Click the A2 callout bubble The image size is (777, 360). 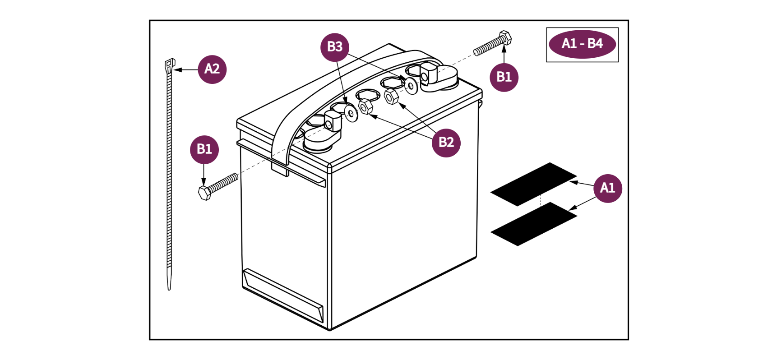coord(212,69)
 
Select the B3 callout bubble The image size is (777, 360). coord(335,47)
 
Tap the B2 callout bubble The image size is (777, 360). coord(446,143)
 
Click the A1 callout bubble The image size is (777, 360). coord(607,188)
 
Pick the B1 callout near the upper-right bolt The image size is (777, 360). coord(504,77)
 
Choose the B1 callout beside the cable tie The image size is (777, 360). coord(204,149)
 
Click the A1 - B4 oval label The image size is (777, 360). coord(582,44)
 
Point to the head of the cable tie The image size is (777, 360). coord(170,65)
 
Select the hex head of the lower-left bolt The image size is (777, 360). coord(204,193)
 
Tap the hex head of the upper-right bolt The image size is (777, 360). coord(505,38)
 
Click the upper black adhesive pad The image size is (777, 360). coord(533,184)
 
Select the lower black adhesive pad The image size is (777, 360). coord(533,224)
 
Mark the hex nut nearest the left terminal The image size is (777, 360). coord(365,107)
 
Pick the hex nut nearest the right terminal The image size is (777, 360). coord(391,96)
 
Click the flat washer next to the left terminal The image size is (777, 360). coord(351,113)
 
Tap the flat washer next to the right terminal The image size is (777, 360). coord(411,85)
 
